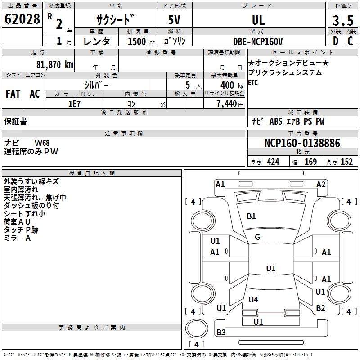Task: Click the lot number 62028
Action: (x=22, y=19)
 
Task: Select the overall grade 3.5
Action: (x=343, y=20)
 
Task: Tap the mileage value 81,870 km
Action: (x=55, y=65)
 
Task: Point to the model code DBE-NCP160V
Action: (x=258, y=41)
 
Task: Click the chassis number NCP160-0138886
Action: (x=302, y=143)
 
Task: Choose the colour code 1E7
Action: (x=74, y=104)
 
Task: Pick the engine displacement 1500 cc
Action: (x=141, y=41)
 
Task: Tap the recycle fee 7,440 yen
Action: (x=230, y=104)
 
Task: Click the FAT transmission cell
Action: (x=13, y=94)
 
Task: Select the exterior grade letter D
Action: (x=336, y=41)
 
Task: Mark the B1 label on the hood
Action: (x=251, y=216)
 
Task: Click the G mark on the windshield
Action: (x=257, y=237)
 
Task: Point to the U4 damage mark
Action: (x=253, y=299)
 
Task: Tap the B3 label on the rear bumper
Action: (x=221, y=332)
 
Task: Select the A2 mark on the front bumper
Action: (x=321, y=184)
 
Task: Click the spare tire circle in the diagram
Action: (x=197, y=329)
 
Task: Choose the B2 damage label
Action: (x=320, y=308)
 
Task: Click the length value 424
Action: (x=273, y=162)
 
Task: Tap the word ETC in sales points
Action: (x=253, y=82)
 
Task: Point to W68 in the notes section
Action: (x=42, y=143)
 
